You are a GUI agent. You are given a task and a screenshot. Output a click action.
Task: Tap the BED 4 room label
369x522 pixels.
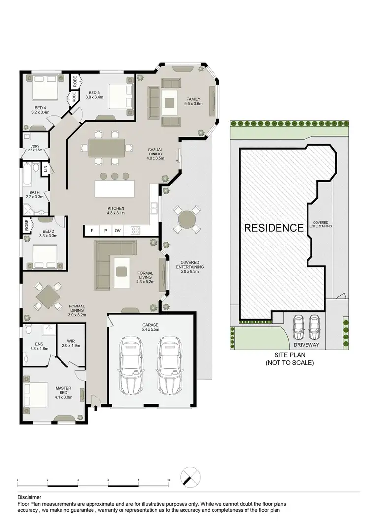pyautogui.click(x=42, y=110)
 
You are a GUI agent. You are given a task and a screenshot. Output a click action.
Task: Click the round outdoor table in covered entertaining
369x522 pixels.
pyautogui.click(x=186, y=218)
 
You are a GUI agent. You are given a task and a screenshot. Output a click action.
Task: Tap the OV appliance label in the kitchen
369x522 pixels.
pyautogui.click(x=118, y=230)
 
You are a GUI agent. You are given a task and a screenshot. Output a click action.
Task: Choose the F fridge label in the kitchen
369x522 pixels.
pyautogui.click(x=91, y=230)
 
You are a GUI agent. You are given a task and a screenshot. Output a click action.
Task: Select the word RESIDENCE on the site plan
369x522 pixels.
pyautogui.click(x=274, y=228)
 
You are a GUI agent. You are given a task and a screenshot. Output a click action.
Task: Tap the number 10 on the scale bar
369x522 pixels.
pyautogui.click(x=168, y=479)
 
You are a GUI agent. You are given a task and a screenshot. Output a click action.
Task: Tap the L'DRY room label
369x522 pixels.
pyautogui.click(x=34, y=148)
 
